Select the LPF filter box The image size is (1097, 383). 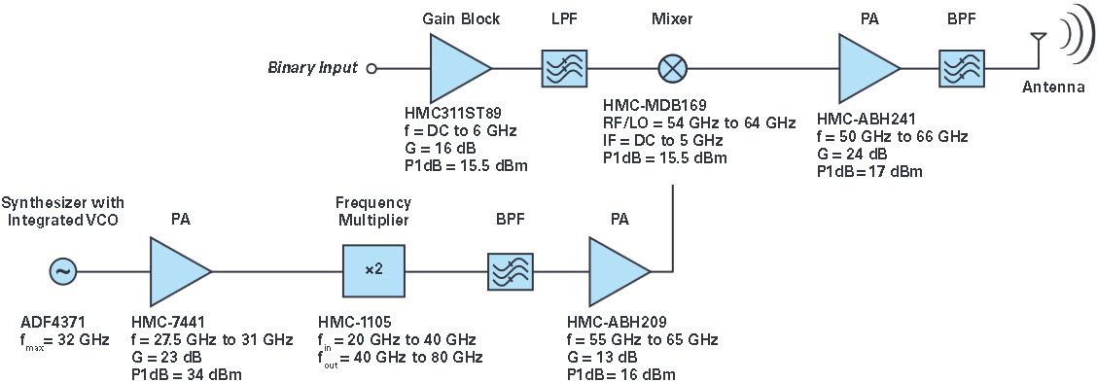(565, 68)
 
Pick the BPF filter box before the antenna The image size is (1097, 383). (962, 68)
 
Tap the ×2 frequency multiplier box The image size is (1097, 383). (374, 271)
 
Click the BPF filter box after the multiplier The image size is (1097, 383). (510, 271)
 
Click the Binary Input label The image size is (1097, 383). (312, 68)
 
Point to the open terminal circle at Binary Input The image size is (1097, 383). (372, 68)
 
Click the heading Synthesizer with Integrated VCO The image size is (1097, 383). (63, 212)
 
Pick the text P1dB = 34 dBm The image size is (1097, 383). (186, 375)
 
